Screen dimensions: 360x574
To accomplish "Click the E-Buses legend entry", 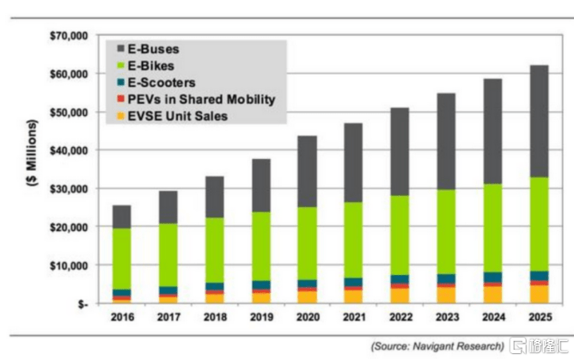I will pos(156,48).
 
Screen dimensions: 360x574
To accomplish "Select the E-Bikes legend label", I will pos(154,65).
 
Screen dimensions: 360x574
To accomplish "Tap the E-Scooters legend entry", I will pos(162,82).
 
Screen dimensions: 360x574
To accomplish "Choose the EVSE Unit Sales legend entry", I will pos(175,116).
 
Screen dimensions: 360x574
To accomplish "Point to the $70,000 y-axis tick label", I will pos(66,36).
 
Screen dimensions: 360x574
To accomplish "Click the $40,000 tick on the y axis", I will pos(66,150).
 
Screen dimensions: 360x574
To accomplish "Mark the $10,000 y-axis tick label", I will pos(66,265).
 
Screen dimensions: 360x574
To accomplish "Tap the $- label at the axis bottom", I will pos(80,304).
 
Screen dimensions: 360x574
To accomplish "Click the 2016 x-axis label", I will pos(122,319).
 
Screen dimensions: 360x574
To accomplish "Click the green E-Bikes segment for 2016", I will pos(122,258).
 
